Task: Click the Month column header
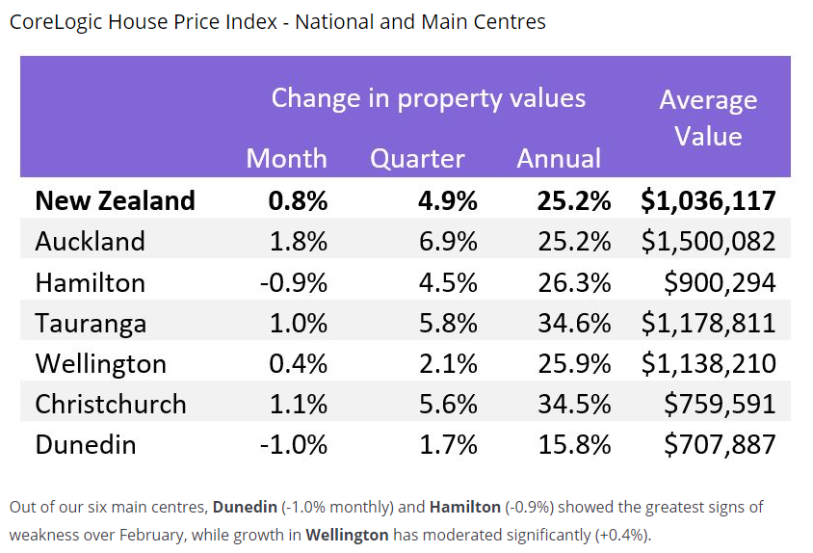pyautogui.click(x=286, y=159)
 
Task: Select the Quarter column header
pyautogui.click(x=417, y=159)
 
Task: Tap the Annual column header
pyautogui.click(x=559, y=159)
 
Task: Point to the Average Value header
pyautogui.click(x=708, y=118)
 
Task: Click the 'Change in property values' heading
pyautogui.click(x=428, y=98)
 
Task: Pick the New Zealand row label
pyautogui.click(x=115, y=201)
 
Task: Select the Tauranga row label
pyautogui.click(x=91, y=323)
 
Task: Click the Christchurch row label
pyautogui.click(x=111, y=404)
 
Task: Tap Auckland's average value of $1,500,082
pyautogui.click(x=708, y=242)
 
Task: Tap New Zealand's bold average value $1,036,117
pyautogui.click(x=708, y=201)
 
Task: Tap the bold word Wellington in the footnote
pyautogui.click(x=347, y=534)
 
